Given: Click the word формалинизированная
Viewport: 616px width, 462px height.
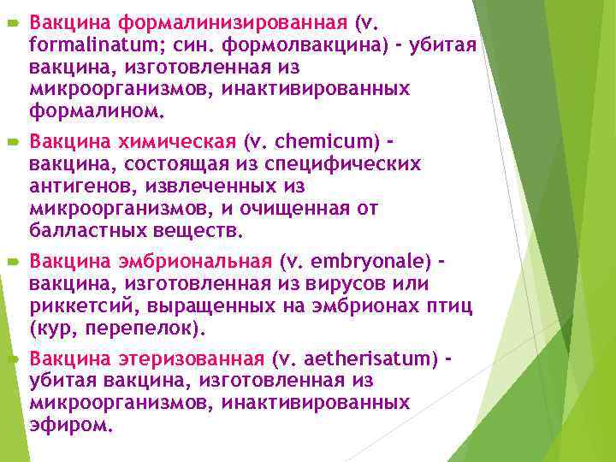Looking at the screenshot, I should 232,19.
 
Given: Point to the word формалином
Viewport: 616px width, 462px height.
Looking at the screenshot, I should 80,110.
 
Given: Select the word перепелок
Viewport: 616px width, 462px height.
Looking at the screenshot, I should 151,329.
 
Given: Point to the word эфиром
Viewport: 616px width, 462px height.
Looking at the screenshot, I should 68,425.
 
